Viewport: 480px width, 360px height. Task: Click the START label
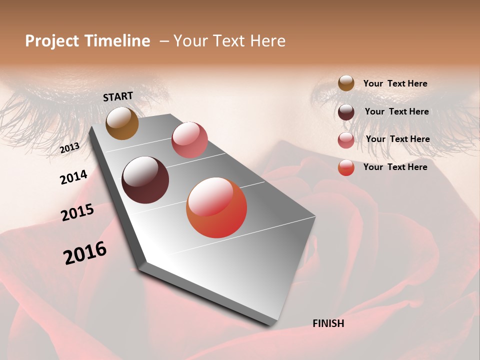(x=118, y=96)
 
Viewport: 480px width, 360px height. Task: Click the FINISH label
(x=328, y=323)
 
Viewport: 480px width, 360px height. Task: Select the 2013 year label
(x=69, y=148)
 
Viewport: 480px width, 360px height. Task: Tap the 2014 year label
(x=73, y=177)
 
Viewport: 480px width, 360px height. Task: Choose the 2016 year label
(x=85, y=253)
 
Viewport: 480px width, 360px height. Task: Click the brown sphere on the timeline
(x=122, y=123)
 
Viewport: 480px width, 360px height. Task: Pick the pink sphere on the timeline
(x=189, y=139)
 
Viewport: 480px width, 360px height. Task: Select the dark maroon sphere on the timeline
(x=145, y=180)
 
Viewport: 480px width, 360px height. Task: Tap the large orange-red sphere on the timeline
(x=216, y=207)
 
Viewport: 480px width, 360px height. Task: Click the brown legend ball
(x=346, y=83)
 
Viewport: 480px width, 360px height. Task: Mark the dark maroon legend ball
(x=346, y=112)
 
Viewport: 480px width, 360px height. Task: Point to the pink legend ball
(x=346, y=140)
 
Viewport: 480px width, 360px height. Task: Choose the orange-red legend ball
(x=346, y=167)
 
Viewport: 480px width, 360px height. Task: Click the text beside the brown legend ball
(x=395, y=84)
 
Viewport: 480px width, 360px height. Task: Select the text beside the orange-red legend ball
(x=395, y=167)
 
